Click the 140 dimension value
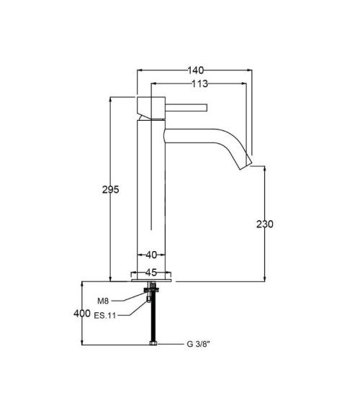pos(196,70)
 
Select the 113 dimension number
pos(199,83)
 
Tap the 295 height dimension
pos(111,190)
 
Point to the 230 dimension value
pos(265,224)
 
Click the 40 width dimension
pos(151,255)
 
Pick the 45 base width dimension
pos(151,272)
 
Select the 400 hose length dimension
pos(82,314)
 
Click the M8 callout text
pos(103,301)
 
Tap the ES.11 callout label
pos(104,315)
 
